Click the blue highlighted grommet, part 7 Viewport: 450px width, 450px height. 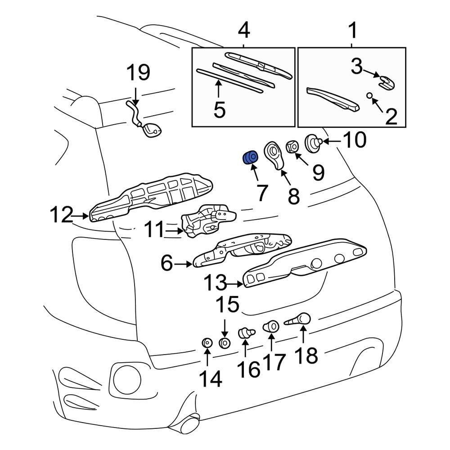pyautogui.click(x=250, y=158)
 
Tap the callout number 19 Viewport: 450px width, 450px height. pyautogui.click(x=138, y=72)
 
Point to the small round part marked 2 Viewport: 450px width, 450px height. pyautogui.click(x=370, y=95)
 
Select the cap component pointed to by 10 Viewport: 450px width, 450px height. pyautogui.click(x=313, y=143)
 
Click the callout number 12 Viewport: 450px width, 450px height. pyautogui.click(x=61, y=216)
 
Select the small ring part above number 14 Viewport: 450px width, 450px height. pyautogui.click(x=207, y=343)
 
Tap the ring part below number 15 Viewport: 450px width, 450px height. pyautogui.click(x=224, y=343)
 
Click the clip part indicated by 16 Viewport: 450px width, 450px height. pyautogui.click(x=245, y=333)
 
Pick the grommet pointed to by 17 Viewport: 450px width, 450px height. pyautogui.click(x=271, y=326)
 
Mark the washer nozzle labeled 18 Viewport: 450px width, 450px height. pyautogui.click(x=299, y=320)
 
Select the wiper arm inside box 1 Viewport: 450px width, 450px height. pyautogui.click(x=333, y=99)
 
